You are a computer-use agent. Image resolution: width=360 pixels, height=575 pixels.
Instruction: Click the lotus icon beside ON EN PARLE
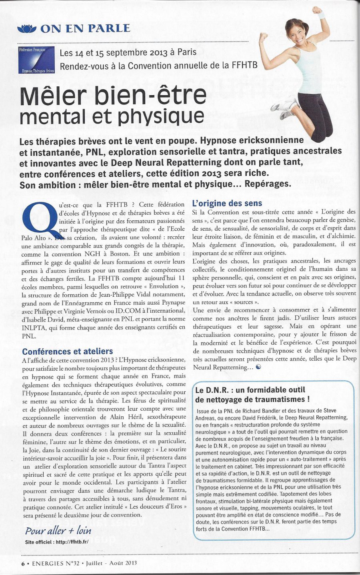point(27,28)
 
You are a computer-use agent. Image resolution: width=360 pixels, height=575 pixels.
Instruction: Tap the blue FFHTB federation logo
point(36,60)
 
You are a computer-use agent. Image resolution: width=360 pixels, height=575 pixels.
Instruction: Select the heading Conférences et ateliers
point(68,351)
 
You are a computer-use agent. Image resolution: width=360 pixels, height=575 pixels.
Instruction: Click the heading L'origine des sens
point(227,203)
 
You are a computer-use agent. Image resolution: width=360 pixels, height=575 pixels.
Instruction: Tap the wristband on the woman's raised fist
point(321,15)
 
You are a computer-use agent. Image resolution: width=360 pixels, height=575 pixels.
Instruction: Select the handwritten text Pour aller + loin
point(58,531)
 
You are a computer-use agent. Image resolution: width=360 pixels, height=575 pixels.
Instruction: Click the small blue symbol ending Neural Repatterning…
point(258,367)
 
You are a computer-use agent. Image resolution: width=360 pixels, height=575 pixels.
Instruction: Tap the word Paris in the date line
point(187,52)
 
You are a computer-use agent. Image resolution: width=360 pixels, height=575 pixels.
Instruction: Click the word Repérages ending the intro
point(268,184)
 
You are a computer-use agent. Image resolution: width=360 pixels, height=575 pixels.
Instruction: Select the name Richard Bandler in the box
point(260,411)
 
